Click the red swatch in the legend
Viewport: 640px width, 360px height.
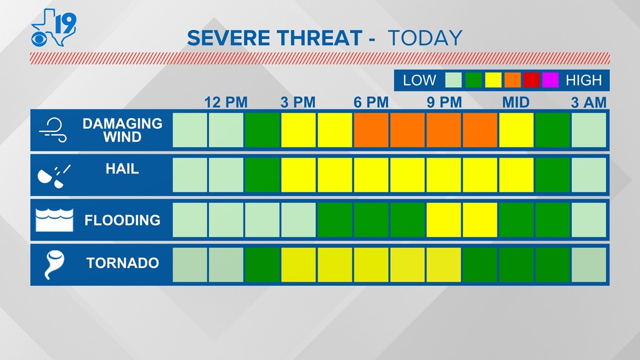click(x=531, y=80)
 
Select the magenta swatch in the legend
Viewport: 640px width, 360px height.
click(x=550, y=80)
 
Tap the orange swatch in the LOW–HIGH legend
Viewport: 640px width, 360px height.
click(x=512, y=80)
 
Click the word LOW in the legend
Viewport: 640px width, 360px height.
click(x=419, y=80)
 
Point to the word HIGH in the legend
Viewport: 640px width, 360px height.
click(x=584, y=80)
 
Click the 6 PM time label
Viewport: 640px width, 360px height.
click(x=371, y=102)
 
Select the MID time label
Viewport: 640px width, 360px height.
click(x=515, y=102)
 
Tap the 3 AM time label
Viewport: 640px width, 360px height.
click(x=588, y=102)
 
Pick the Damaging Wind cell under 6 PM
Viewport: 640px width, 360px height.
click(x=371, y=130)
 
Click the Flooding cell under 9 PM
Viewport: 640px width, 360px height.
click(x=444, y=220)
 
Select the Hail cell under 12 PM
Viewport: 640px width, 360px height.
click(x=226, y=175)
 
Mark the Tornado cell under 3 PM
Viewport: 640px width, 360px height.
click(x=298, y=265)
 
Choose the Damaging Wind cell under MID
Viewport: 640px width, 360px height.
click(x=516, y=130)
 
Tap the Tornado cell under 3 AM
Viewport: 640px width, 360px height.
click(x=589, y=265)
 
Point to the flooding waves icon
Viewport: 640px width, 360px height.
click(x=54, y=220)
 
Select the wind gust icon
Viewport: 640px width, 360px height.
click(x=53, y=130)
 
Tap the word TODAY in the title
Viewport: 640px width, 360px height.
click(x=425, y=38)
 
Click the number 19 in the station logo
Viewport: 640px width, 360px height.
click(x=65, y=23)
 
